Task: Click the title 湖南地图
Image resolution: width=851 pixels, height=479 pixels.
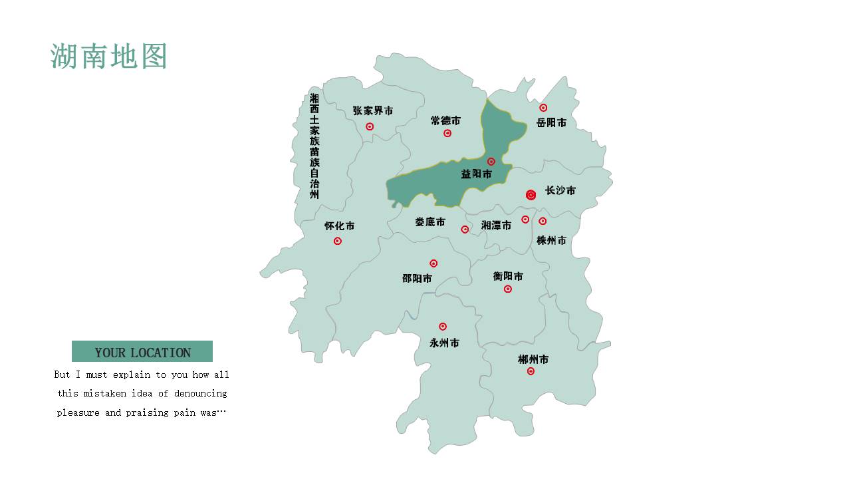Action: [x=108, y=57]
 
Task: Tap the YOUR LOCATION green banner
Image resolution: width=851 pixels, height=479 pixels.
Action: [x=142, y=351]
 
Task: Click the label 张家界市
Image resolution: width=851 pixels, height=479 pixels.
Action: [x=373, y=110]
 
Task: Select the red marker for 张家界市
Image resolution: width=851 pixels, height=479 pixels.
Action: [x=370, y=126]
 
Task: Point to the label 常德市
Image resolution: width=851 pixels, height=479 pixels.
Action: [x=445, y=120]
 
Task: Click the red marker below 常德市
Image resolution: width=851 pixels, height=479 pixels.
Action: [x=447, y=133]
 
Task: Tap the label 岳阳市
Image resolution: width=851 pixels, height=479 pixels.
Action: [x=552, y=122]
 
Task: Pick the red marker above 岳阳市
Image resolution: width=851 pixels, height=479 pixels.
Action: [x=543, y=108]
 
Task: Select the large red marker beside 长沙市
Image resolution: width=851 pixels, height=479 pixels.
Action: [x=531, y=195]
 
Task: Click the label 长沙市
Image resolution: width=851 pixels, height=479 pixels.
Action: [x=560, y=190]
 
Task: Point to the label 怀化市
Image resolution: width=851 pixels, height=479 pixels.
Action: [x=340, y=226]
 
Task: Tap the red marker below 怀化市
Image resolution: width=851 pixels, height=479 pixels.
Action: [x=338, y=241]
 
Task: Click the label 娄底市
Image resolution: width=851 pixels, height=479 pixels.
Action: [x=430, y=222]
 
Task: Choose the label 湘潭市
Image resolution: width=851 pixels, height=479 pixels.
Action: [x=497, y=226]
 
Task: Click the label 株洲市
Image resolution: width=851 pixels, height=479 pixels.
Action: [x=552, y=240]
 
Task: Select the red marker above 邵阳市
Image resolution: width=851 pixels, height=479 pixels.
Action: [x=433, y=263]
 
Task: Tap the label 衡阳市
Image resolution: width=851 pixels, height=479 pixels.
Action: [x=508, y=276]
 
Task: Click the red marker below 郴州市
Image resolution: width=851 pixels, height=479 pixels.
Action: [x=531, y=371]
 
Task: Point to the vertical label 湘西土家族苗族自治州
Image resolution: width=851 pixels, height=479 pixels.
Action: [x=314, y=146]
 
